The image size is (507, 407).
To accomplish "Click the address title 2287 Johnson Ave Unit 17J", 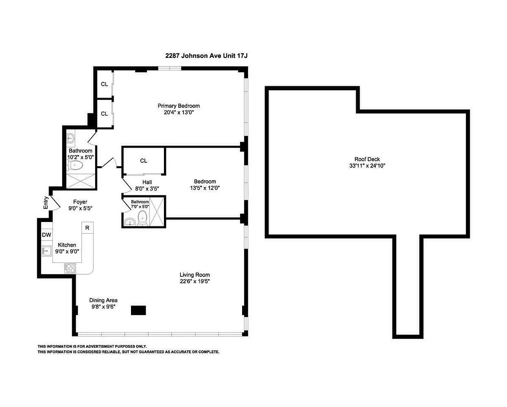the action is [x=206, y=56].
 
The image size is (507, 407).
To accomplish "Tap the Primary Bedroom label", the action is [x=179, y=106].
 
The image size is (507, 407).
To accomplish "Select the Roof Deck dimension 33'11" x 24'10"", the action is [x=367, y=166].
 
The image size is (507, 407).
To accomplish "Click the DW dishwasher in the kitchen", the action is [x=46, y=235].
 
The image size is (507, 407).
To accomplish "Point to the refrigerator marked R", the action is [x=87, y=228].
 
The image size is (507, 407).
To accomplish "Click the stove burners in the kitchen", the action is [x=70, y=268].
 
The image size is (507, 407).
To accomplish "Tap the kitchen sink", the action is [x=47, y=251].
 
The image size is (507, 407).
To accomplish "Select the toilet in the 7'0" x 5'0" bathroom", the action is [x=142, y=218].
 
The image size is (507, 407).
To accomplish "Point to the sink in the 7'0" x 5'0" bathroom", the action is [x=130, y=222].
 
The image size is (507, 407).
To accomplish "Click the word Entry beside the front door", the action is [x=46, y=203].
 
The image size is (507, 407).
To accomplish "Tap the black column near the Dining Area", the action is [x=138, y=310].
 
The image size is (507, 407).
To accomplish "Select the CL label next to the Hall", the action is [x=144, y=161].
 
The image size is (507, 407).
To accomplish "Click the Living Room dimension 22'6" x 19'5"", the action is [x=195, y=281].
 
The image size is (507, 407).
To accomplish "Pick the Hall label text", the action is [x=147, y=182].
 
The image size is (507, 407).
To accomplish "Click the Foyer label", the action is [x=80, y=202].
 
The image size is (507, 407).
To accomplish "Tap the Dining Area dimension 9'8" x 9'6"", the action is [x=104, y=306].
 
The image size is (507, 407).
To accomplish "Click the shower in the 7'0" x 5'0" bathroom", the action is [x=156, y=212].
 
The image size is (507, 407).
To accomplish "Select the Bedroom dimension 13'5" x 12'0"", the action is [x=205, y=188].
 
